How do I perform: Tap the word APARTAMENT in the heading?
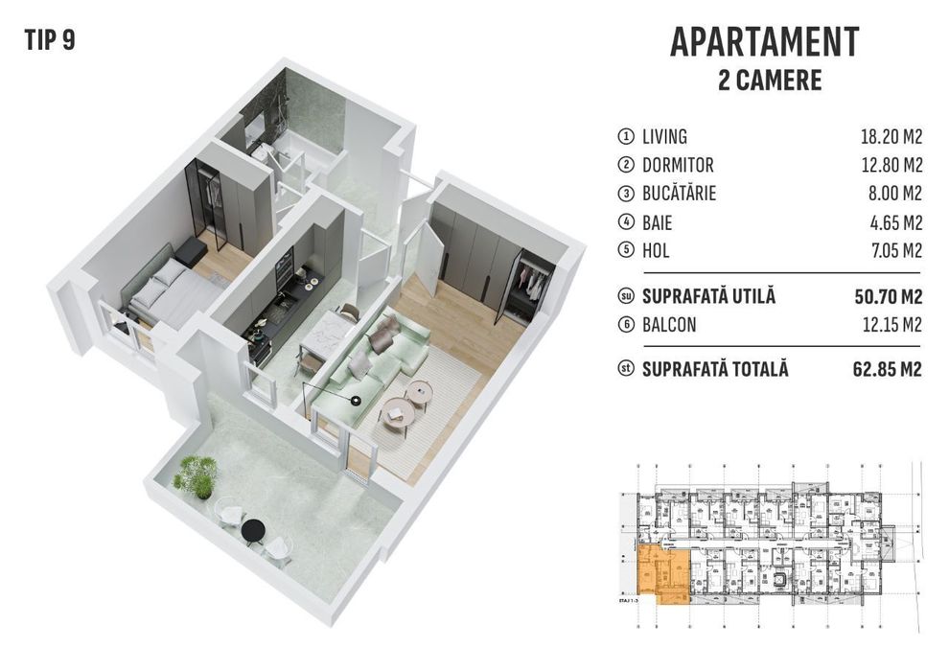764,43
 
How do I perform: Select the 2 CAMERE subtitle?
770,80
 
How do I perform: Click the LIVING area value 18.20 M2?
891,136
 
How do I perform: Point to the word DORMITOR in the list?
678,165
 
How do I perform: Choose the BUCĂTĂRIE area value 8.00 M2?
895,194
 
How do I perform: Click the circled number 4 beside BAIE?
627,223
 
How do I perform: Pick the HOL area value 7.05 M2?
895,251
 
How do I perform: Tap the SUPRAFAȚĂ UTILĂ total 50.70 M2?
888,297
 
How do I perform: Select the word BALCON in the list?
669,326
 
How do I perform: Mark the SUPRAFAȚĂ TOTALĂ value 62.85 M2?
888,370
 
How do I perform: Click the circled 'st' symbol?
627,370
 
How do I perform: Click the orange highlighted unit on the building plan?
661,572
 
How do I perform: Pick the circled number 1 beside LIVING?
627,136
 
